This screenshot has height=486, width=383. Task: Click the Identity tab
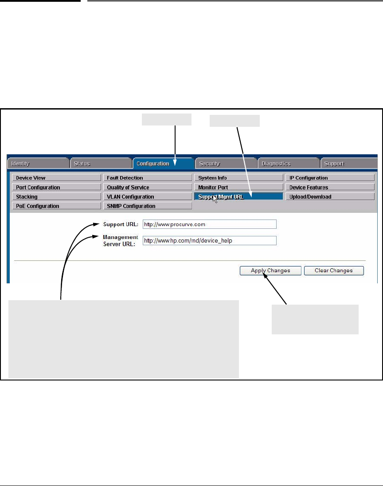[37, 164]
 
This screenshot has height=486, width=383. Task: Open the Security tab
[226, 164]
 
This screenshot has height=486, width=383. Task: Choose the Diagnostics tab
[288, 164]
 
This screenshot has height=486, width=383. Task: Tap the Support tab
[349, 164]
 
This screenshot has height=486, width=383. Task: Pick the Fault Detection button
[148, 178]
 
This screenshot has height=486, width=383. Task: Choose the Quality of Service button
[148, 187]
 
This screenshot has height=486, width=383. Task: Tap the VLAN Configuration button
[148, 196]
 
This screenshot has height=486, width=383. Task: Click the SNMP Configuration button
[148, 206]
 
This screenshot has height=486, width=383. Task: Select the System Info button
[238, 178]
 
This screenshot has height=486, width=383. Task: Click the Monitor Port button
[238, 187]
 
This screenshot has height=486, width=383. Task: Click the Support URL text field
[209, 224]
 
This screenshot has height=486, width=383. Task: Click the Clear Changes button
[334, 270]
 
